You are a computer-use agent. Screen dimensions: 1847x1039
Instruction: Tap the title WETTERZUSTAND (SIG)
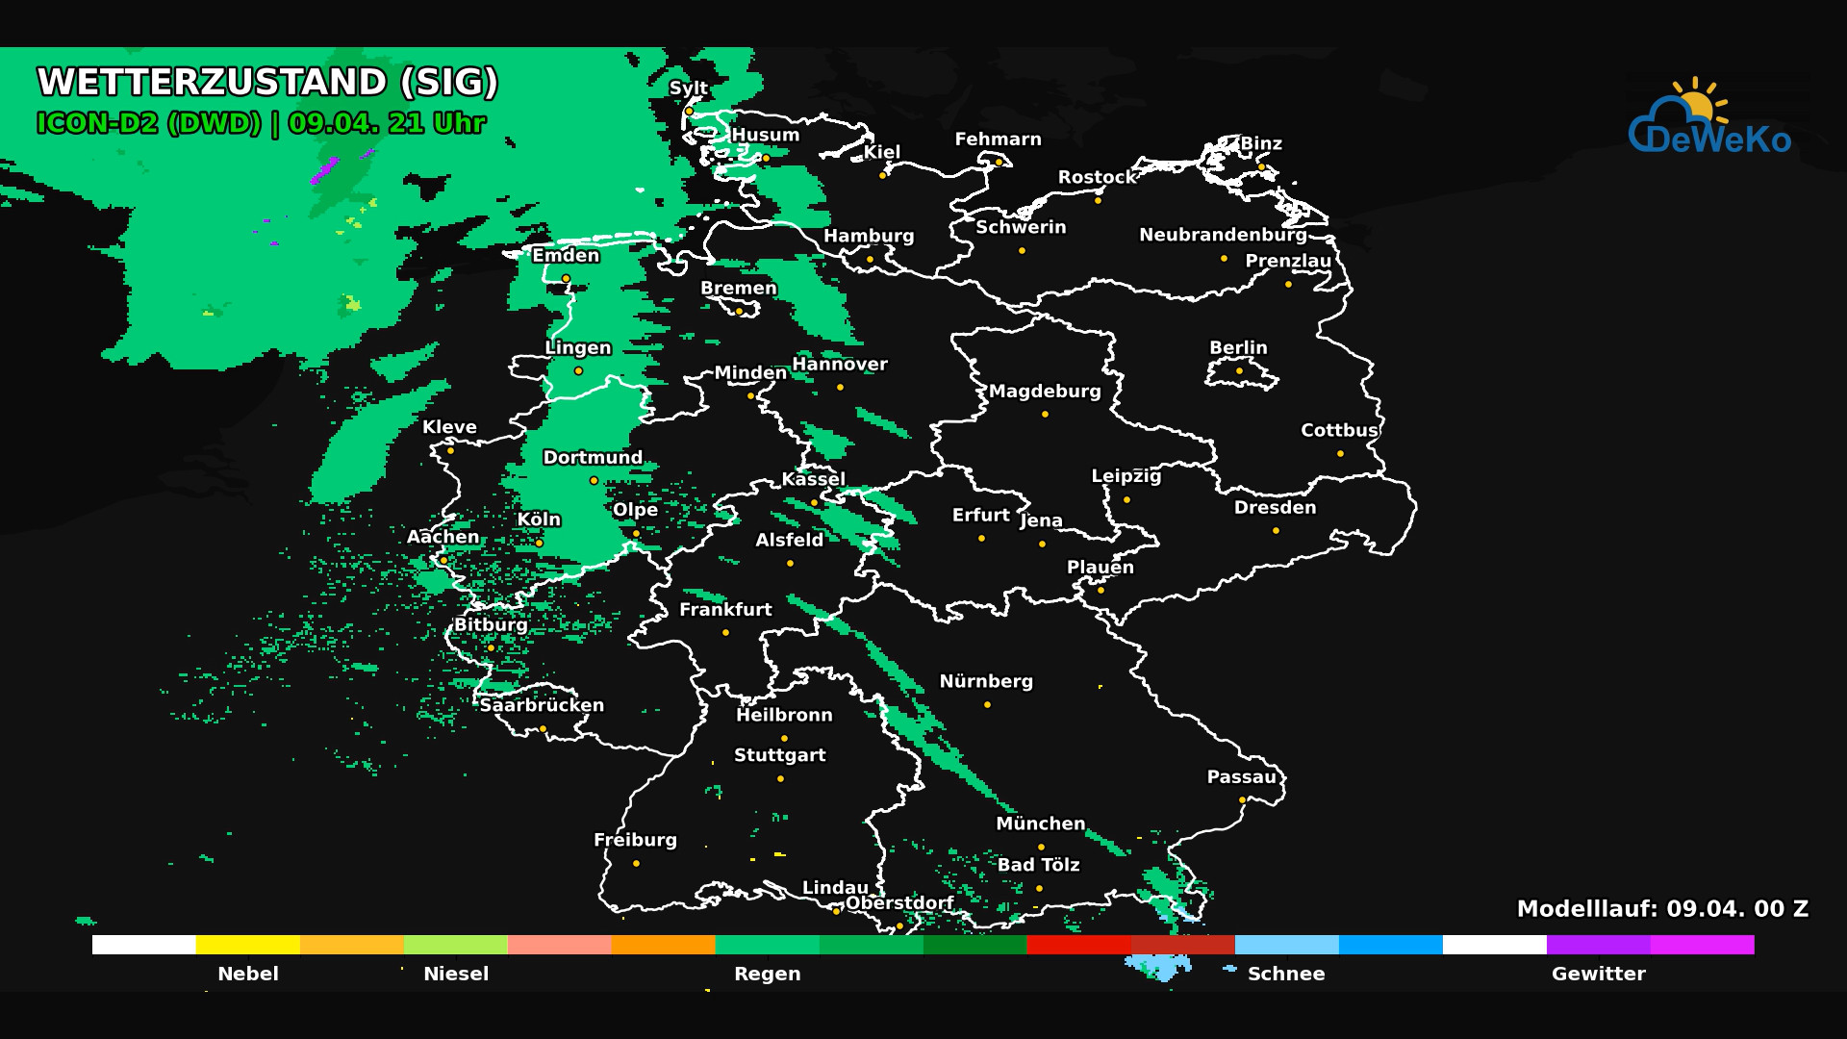point(267,82)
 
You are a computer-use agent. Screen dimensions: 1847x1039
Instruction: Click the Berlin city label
point(1238,347)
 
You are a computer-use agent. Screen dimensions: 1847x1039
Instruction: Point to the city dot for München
point(1041,847)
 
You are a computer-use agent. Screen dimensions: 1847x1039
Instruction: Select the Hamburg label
point(869,236)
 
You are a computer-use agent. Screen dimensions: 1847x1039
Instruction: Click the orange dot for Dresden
point(1276,530)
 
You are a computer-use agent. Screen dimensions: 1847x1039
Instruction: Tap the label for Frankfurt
point(725,609)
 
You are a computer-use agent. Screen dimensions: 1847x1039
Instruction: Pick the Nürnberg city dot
point(987,704)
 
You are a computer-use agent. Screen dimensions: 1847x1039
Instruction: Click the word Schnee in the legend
point(1286,974)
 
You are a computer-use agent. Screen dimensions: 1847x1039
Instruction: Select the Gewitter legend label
point(1598,974)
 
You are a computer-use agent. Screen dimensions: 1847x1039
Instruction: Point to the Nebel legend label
point(248,974)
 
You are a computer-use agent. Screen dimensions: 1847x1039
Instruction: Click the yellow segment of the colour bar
point(247,945)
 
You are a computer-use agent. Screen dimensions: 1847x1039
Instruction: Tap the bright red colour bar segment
point(1078,945)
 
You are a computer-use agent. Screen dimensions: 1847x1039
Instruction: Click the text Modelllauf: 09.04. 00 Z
point(1662,909)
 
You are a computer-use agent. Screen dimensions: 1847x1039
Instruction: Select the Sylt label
point(688,88)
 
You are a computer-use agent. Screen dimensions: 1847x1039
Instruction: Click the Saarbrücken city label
point(542,705)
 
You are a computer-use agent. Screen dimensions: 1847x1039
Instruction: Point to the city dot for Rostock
point(1098,200)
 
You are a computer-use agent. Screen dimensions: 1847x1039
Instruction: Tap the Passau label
point(1241,777)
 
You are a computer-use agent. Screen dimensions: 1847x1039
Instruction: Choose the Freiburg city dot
point(636,863)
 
